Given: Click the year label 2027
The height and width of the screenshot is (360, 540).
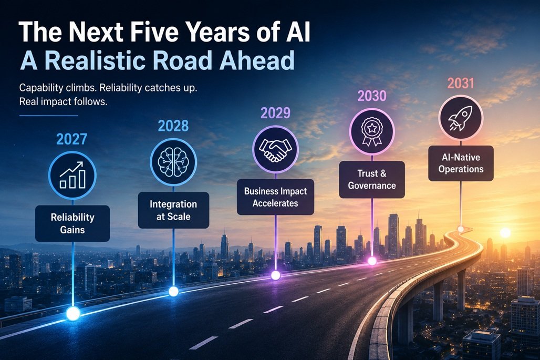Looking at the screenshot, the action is point(71,139).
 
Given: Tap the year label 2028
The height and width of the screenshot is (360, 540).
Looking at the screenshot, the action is point(173,126).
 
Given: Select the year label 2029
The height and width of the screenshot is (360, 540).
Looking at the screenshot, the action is point(275,113).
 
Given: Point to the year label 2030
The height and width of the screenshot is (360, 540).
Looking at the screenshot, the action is point(372,96).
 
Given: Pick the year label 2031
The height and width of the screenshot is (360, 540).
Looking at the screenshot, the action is point(461,84).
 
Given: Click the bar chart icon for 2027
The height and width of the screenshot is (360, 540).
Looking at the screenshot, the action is point(72,176).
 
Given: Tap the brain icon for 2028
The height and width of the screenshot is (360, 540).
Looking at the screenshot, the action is point(173,162).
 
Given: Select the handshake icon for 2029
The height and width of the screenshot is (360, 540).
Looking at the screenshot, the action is point(275,149).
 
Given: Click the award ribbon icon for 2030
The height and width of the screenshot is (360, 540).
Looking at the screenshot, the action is point(372,131).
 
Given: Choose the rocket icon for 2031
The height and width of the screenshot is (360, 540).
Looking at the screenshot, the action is point(461,118).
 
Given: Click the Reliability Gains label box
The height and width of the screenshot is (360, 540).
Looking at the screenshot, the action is point(72,223).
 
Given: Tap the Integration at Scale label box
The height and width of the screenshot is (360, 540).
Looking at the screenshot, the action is point(173,210).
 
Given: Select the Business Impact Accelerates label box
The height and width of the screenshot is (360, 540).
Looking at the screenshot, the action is point(275,197).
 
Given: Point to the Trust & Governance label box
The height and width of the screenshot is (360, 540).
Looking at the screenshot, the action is point(372,180).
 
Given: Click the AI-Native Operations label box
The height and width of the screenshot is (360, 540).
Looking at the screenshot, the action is point(461,163).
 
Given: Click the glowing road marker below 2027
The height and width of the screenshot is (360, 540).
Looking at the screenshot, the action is point(73,314).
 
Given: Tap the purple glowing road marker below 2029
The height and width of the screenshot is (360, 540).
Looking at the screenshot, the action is point(275,275).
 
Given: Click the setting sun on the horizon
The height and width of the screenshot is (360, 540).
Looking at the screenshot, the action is point(505,233).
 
